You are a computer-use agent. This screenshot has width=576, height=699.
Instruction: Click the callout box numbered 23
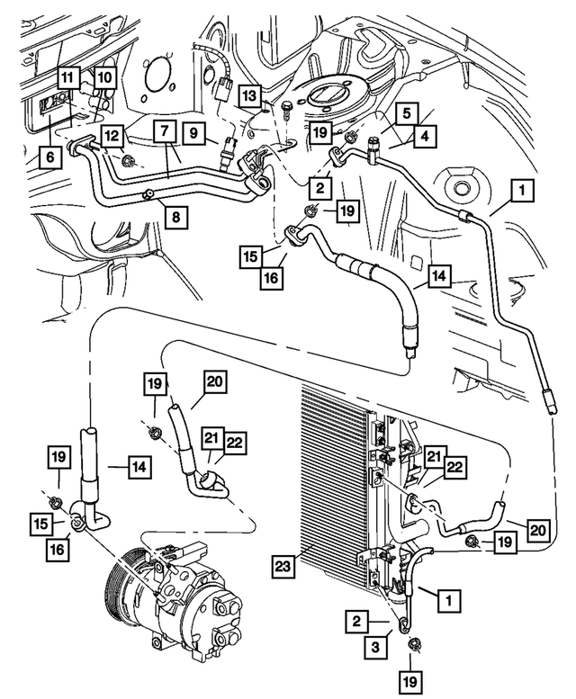(283, 566)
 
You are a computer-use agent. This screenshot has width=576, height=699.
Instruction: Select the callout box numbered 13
(249, 95)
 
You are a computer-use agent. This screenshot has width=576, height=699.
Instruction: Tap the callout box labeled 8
(176, 217)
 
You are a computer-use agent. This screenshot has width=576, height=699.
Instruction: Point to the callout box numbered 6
(49, 157)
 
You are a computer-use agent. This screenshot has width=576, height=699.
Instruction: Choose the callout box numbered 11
(67, 77)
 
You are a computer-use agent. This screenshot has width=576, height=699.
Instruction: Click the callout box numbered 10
(104, 77)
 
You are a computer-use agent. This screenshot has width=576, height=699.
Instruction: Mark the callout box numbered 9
(193, 133)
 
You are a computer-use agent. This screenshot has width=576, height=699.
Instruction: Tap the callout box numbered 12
(112, 136)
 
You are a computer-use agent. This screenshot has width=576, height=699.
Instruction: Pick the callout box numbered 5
(407, 113)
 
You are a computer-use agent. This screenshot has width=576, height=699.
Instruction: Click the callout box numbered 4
(426, 136)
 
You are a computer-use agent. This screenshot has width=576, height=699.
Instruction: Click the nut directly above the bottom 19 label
(413, 645)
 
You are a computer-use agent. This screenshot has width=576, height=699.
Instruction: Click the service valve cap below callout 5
(372, 148)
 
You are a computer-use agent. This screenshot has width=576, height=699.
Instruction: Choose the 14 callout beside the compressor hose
(140, 467)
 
